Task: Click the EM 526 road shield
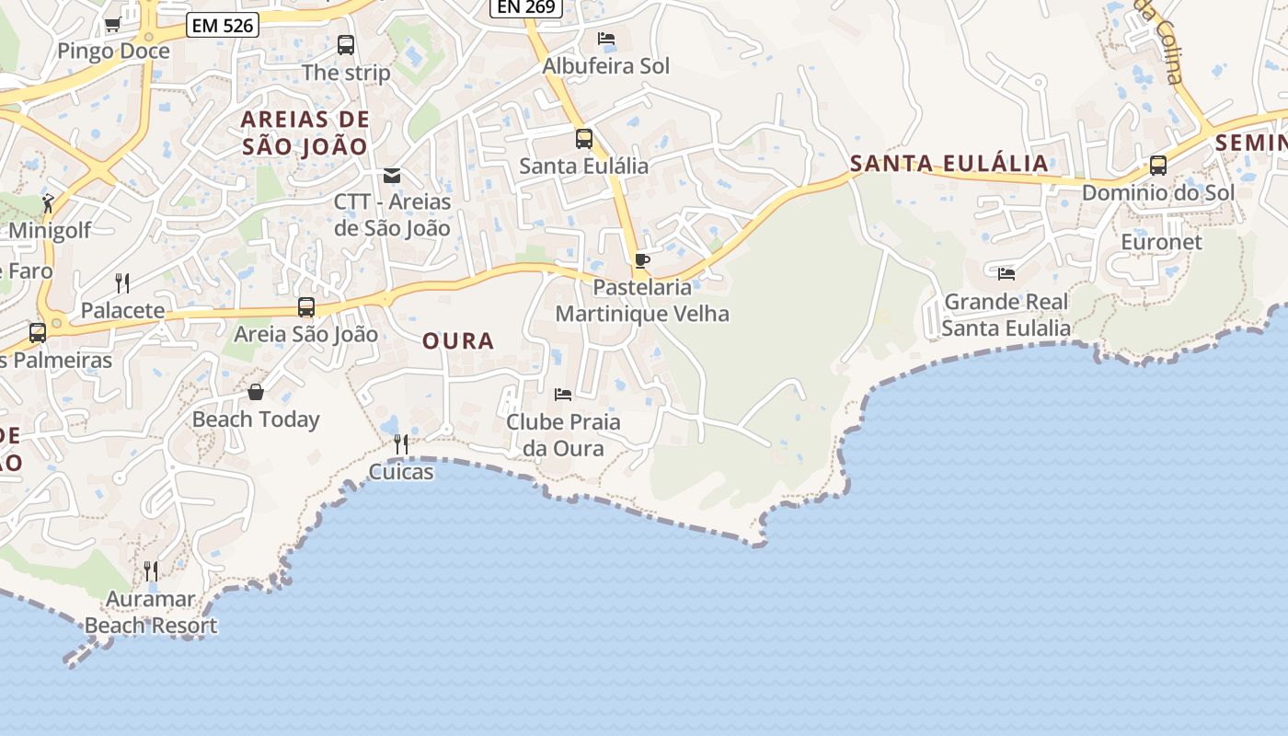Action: click(x=223, y=25)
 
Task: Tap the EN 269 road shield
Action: click(x=525, y=7)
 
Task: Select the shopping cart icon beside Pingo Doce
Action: click(x=113, y=25)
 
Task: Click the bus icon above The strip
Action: click(x=346, y=45)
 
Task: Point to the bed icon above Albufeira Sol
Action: click(x=606, y=39)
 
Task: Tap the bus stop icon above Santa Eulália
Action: click(x=584, y=139)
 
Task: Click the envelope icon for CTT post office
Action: click(x=392, y=175)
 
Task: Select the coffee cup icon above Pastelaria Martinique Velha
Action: click(x=642, y=261)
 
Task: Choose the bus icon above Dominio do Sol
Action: click(x=1158, y=166)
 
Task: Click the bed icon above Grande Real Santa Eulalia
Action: click(x=1006, y=273)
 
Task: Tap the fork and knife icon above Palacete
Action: click(x=122, y=282)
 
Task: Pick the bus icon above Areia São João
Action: click(x=306, y=307)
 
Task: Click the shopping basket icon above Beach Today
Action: click(x=256, y=393)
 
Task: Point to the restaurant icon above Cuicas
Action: click(x=401, y=444)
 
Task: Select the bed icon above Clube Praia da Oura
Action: click(x=563, y=395)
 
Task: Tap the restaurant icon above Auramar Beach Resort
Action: click(x=151, y=571)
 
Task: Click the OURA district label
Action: click(x=458, y=341)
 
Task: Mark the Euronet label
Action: click(x=1161, y=242)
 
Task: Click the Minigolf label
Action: click(x=50, y=230)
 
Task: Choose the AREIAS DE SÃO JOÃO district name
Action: click(x=305, y=132)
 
